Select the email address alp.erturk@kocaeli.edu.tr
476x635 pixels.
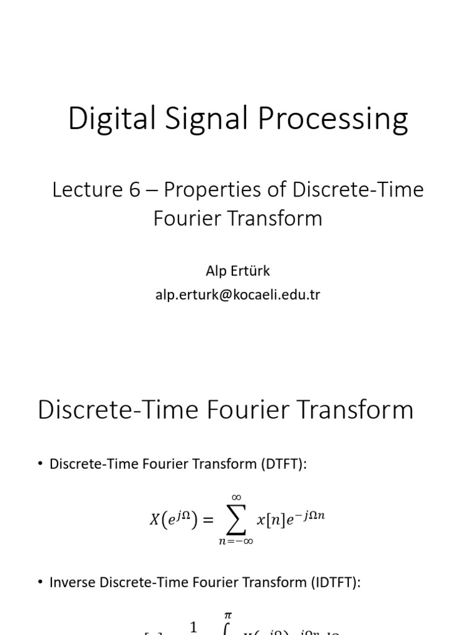[237, 294]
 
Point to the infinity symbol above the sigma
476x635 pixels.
[236, 497]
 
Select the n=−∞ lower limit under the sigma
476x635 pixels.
[236, 541]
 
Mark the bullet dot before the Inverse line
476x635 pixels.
[41, 583]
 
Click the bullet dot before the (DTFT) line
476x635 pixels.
[41, 464]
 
